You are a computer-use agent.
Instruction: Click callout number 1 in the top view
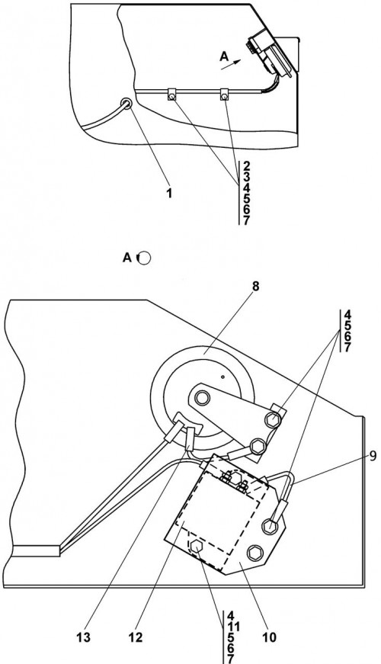[x=169, y=194]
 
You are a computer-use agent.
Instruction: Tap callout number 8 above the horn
[x=255, y=287]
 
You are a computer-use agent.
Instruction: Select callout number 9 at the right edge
[x=372, y=456]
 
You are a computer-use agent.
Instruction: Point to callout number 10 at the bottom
[x=270, y=637]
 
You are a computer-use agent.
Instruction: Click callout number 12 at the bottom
[x=136, y=637]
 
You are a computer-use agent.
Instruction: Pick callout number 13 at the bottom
[x=83, y=637]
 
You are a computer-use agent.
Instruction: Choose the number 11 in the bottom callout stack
[x=233, y=627]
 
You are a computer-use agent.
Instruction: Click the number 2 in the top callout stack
[x=247, y=165]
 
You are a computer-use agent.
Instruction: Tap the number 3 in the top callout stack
[x=247, y=177]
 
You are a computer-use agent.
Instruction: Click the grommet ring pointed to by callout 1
[x=126, y=103]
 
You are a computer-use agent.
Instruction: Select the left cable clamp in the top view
[x=171, y=95]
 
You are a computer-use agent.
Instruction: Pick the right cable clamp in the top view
[x=224, y=95]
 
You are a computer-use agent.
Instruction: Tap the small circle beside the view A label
[x=144, y=258]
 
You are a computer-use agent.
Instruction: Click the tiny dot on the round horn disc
[x=223, y=375]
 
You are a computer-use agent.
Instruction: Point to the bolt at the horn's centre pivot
[x=202, y=398]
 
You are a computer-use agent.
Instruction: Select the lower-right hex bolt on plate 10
[x=255, y=552]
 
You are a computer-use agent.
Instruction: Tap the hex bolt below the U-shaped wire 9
[x=269, y=526]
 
